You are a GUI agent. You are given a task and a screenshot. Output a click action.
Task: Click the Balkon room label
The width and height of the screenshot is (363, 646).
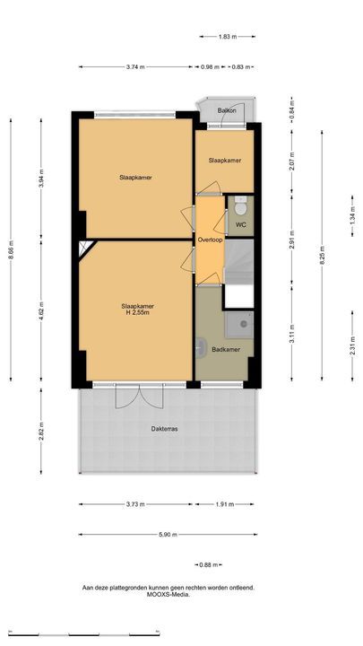point(227,110)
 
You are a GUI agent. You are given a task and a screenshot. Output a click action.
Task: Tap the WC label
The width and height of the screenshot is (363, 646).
point(241,225)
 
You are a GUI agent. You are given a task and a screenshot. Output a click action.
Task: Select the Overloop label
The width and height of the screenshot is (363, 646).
point(210,240)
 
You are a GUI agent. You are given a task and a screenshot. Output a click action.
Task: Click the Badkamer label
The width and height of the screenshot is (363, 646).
point(226,349)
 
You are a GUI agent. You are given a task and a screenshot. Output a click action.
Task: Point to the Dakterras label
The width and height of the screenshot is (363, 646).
point(164,429)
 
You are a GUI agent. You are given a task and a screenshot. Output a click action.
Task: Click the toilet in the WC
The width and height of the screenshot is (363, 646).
point(240,206)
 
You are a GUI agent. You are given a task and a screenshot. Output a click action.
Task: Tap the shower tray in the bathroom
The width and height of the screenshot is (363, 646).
point(239,325)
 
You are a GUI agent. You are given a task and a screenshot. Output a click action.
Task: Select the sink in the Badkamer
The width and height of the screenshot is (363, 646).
point(201,348)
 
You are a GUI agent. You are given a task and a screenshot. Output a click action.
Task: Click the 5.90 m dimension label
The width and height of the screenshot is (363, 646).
point(168,535)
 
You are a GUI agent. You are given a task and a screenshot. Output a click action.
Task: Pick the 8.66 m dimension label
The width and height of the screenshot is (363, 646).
point(11,249)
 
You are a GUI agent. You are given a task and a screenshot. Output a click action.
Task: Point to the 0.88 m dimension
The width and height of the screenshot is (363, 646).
point(208,565)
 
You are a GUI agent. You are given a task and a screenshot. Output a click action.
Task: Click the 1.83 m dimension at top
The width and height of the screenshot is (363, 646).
point(228,37)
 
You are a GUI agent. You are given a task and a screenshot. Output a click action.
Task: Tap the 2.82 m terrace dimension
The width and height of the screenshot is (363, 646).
point(40,431)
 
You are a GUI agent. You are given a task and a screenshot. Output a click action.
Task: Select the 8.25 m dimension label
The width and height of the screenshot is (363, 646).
point(322,256)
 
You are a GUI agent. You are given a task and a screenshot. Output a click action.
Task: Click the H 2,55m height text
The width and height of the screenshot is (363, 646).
point(137,313)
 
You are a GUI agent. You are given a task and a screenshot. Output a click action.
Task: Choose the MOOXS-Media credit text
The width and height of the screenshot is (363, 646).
point(169,595)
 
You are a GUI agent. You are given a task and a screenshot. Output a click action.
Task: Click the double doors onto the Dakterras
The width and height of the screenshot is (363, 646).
point(140,397)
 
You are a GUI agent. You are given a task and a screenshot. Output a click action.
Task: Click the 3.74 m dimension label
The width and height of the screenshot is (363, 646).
point(136,67)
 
